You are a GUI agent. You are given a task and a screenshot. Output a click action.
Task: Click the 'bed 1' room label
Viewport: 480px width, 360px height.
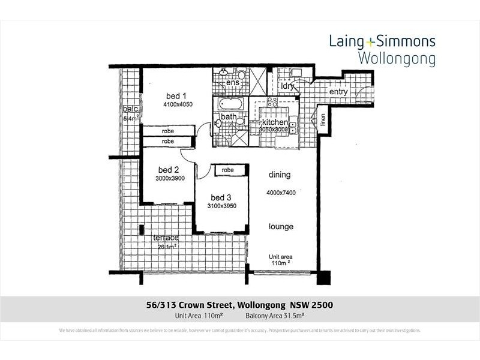176,95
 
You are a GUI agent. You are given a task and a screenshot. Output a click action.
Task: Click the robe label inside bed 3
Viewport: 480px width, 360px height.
227,170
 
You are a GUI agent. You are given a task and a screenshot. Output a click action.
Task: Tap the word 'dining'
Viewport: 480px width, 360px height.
280,175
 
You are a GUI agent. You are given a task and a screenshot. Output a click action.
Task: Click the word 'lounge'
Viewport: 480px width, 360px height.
281,227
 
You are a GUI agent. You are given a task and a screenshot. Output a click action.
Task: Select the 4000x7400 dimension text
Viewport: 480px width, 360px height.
282,193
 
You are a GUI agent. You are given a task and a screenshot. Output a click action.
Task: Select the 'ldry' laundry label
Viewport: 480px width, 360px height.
287,86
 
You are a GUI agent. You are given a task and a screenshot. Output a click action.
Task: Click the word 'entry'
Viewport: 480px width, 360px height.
339,92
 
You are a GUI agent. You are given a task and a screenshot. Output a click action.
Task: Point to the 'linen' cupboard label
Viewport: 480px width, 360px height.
323,122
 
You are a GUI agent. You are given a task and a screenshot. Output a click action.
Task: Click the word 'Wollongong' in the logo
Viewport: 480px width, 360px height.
396,59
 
